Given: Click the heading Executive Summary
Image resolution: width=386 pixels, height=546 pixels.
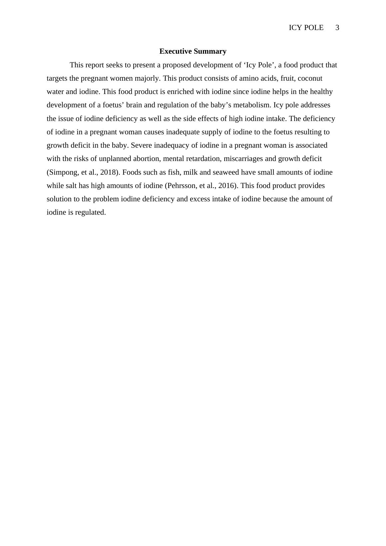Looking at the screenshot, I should [193, 51].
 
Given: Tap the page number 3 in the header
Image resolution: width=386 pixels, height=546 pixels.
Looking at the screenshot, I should [337, 28].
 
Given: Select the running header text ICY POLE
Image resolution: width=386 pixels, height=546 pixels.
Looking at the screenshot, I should [306, 28].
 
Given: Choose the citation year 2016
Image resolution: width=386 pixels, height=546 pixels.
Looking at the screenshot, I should [227, 186].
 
